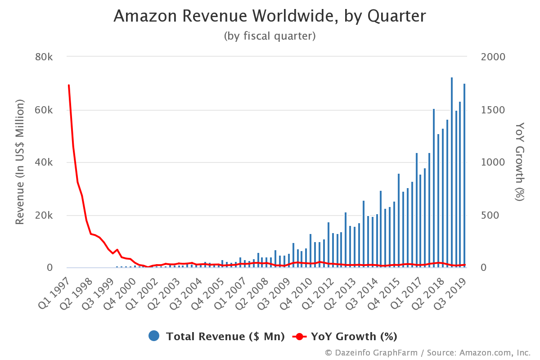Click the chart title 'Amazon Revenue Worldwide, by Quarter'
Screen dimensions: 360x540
[x=270, y=16]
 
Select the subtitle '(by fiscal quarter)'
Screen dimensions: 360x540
[x=270, y=36]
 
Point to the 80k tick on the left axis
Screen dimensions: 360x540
[x=45, y=57]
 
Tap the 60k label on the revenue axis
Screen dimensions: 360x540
[x=45, y=110]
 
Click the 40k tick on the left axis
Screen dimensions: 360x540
[x=45, y=163]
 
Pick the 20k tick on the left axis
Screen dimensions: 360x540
[x=45, y=216]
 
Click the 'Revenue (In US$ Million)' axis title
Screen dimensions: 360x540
[x=20, y=162]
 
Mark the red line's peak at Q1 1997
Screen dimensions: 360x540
[x=68, y=85]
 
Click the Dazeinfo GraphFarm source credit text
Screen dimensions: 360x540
[x=427, y=352]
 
